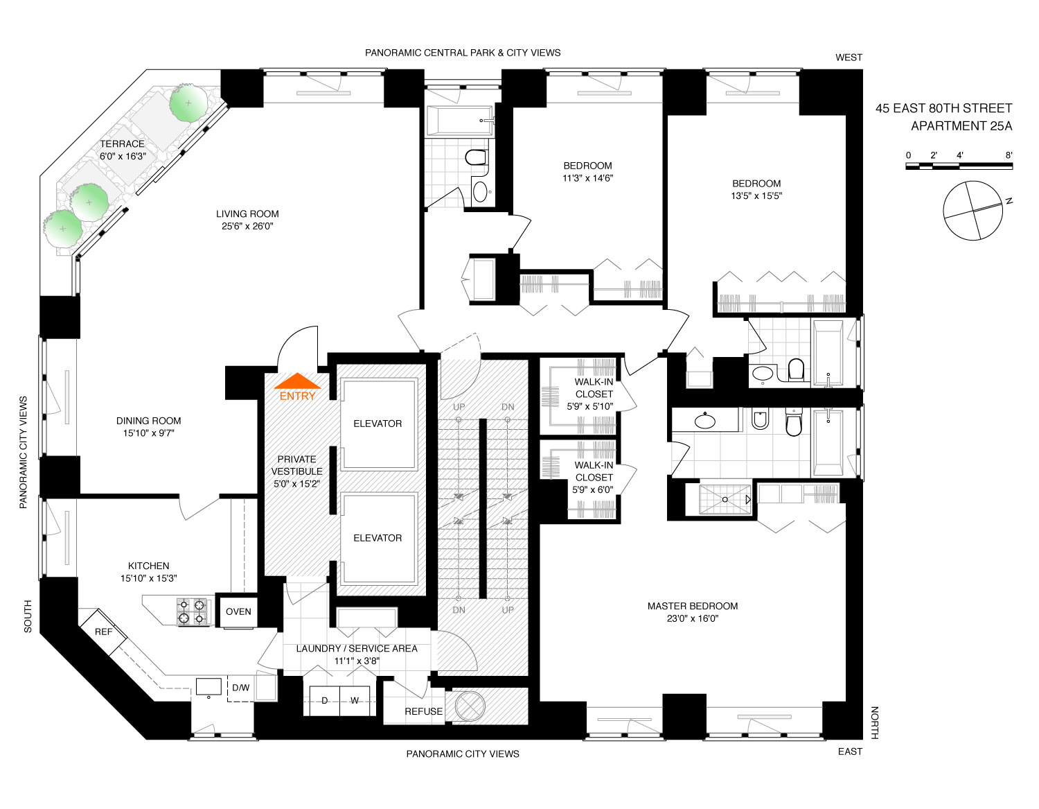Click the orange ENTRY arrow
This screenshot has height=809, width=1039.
[x=298, y=382]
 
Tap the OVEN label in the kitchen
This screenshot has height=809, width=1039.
[x=238, y=611]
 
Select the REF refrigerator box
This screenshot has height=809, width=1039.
[x=103, y=632]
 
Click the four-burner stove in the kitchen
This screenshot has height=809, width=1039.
[x=193, y=611]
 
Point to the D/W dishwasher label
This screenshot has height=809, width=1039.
[x=240, y=688]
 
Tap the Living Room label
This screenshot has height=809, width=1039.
[x=247, y=214]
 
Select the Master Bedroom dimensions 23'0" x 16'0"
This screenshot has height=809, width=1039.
[x=693, y=618]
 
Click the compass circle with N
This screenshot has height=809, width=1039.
[x=973, y=210]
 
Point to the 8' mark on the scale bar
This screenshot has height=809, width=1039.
[x=1009, y=156]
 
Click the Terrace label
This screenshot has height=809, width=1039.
[x=123, y=144]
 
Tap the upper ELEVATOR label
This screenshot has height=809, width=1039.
[x=378, y=424]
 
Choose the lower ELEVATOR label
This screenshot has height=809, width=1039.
[x=378, y=538]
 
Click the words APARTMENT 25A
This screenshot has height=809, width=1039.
[x=961, y=126]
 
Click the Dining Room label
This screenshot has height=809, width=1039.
[x=148, y=421]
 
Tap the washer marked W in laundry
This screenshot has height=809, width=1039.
[x=355, y=700]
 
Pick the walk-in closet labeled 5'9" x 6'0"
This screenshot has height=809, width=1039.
[x=594, y=477]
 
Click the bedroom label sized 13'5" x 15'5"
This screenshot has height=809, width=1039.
[x=756, y=189]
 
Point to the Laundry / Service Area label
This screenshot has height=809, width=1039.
[x=357, y=649]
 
